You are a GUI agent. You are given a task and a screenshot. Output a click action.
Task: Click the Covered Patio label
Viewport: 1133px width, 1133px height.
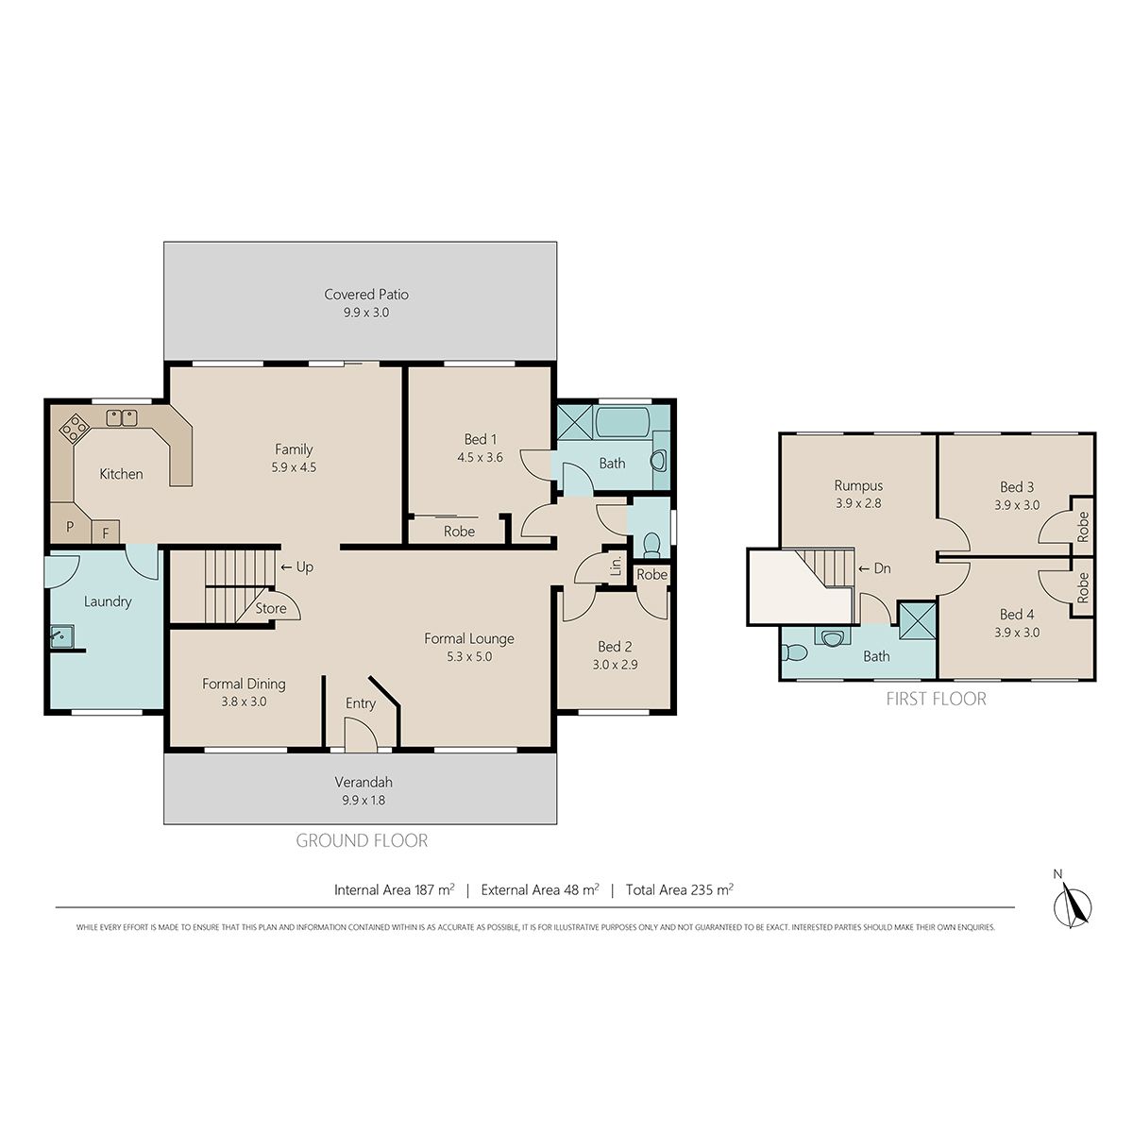click(x=365, y=294)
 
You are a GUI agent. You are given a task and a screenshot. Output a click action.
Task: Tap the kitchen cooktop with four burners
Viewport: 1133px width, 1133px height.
click(x=74, y=428)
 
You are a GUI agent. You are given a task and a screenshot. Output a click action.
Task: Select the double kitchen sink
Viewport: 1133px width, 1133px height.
click(x=122, y=417)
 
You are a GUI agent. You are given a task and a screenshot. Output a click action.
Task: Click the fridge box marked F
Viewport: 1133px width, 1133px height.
click(x=106, y=533)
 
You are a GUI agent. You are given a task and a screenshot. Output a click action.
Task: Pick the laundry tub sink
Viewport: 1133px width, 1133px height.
click(x=61, y=636)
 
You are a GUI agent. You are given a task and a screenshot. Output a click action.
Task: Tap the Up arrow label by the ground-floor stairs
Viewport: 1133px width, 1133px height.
click(x=296, y=566)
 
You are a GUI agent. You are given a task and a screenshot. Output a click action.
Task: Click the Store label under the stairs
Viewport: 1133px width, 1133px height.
click(x=270, y=608)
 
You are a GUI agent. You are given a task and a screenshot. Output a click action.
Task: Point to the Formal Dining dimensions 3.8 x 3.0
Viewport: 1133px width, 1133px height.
click(x=244, y=702)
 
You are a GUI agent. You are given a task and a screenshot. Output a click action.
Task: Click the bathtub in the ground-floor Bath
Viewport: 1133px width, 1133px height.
click(x=622, y=422)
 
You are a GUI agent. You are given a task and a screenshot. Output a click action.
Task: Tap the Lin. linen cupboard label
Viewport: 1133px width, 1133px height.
click(x=617, y=566)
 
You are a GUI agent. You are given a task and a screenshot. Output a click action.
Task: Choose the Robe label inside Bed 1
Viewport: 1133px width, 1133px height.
click(x=459, y=531)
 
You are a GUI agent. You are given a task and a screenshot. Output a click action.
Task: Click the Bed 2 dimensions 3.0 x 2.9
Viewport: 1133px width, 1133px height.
click(x=615, y=665)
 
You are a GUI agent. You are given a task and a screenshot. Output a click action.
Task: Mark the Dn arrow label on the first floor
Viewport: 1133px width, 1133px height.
click(x=875, y=568)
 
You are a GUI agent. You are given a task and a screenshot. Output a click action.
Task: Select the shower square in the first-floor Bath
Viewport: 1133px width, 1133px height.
click(x=917, y=619)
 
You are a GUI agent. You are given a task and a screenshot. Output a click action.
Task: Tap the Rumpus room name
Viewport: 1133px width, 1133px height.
click(x=858, y=485)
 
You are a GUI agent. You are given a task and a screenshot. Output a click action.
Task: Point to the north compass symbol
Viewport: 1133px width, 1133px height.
click(x=1073, y=904)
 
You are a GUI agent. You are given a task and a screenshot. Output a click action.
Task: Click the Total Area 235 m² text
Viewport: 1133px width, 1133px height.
click(x=679, y=889)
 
